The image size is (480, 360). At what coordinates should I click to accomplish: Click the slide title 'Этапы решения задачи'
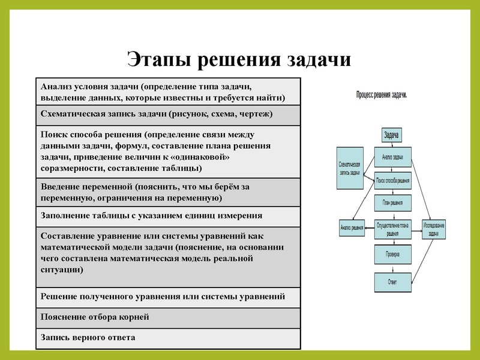(239, 60)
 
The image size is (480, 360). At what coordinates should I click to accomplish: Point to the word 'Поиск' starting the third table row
(53, 135)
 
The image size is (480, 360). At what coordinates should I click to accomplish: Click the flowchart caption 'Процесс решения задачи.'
(382, 95)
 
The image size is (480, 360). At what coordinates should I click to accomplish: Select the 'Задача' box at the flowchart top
(392, 135)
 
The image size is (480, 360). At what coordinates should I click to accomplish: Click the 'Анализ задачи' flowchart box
(393, 158)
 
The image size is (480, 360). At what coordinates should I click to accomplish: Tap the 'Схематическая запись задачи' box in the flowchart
(349, 168)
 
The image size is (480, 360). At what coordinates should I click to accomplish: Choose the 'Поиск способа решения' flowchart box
(393, 180)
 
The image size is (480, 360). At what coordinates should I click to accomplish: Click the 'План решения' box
(393, 203)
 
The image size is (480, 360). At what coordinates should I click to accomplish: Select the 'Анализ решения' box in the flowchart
(352, 227)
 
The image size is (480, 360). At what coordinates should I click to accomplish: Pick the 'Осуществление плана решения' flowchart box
(393, 229)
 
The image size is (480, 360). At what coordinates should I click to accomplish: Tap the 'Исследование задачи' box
(434, 229)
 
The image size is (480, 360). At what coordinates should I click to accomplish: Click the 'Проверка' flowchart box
(393, 254)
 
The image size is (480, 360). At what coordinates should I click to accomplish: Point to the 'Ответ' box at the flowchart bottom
(393, 281)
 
